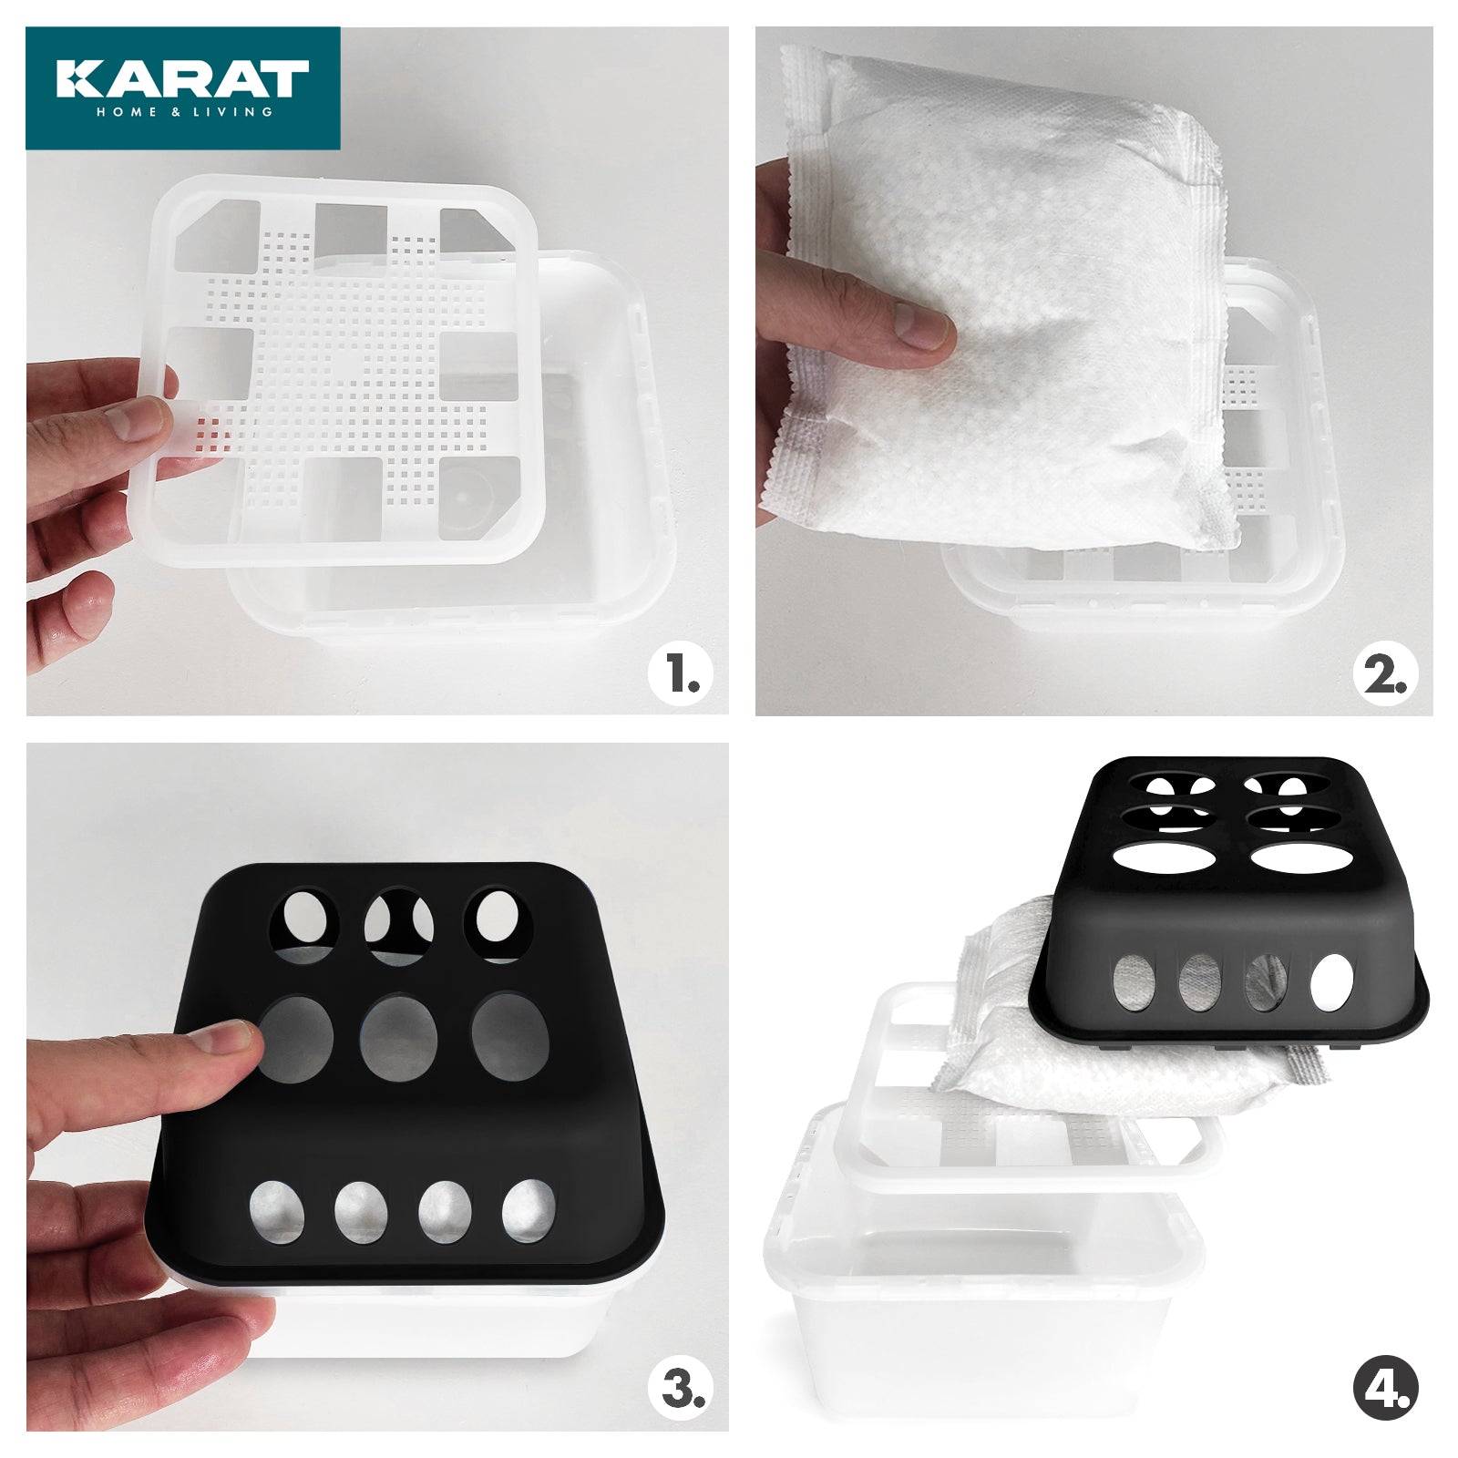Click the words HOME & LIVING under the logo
click(185, 112)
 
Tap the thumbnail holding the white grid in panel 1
click(137, 419)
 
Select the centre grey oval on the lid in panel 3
click(398, 1039)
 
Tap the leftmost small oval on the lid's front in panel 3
click(277, 1211)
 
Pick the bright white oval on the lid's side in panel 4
click(1332, 983)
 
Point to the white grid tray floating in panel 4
click(911, 1093)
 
